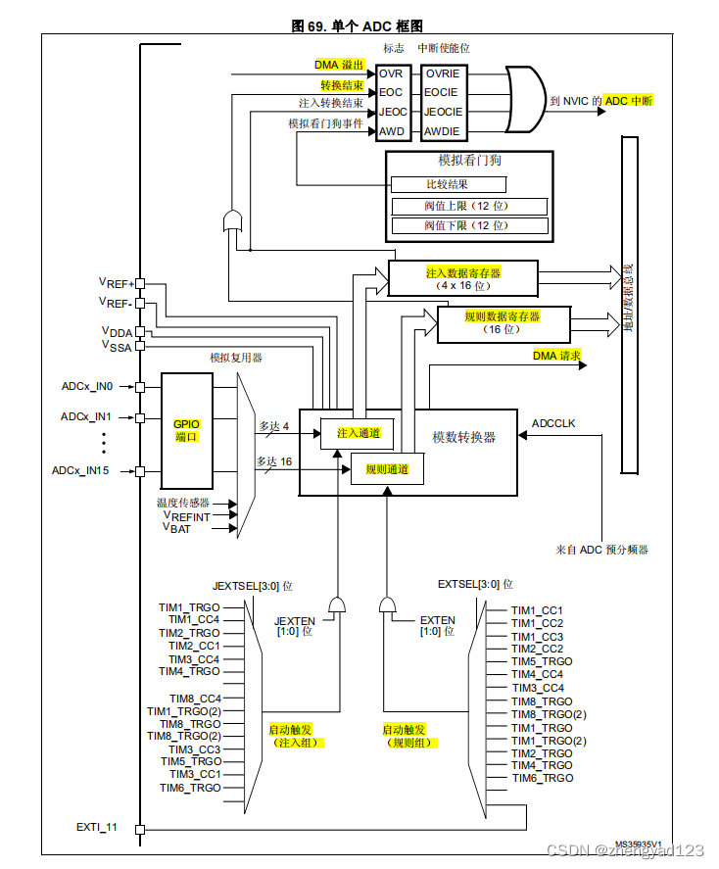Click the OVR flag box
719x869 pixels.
[393, 73]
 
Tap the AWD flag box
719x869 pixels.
[393, 131]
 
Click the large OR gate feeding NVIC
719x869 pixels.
[525, 100]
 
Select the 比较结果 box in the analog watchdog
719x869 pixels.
[448, 184]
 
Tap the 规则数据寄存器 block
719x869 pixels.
[502, 323]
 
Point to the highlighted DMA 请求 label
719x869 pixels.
[556, 355]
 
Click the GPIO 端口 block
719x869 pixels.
[186, 430]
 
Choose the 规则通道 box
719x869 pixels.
[387, 469]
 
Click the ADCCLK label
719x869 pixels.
[553, 423]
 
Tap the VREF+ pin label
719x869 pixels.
[116, 282]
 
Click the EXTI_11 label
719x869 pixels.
[96, 828]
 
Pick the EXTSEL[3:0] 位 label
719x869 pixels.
[474, 584]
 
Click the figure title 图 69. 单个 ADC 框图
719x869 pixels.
[359, 25]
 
